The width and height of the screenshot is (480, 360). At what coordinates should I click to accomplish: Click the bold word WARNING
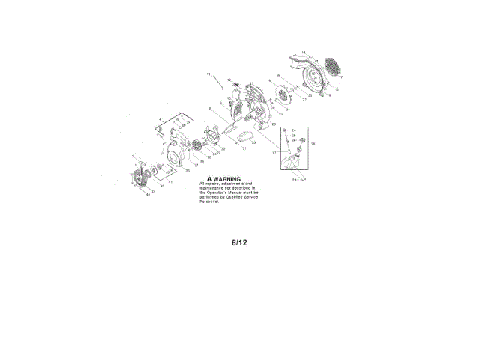point(227,179)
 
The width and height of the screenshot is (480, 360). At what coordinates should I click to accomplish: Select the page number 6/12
point(239,243)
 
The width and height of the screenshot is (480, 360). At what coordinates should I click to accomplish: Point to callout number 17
point(340,77)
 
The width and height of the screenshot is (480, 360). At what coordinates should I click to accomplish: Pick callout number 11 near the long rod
point(209,74)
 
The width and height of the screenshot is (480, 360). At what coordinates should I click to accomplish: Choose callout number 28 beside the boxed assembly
point(313,143)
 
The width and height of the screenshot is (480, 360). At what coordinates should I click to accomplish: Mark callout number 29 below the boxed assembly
point(294,180)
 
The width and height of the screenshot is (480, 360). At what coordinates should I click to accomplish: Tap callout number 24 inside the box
point(294,130)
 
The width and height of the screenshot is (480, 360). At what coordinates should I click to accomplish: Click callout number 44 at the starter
point(148,194)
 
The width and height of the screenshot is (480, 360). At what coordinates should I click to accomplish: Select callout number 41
point(170,182)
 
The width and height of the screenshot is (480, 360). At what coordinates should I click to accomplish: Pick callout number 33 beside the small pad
point(253,142)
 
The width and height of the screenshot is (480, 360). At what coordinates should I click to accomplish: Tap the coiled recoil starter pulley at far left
point(139,181)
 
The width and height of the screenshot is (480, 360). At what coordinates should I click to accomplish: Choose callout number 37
point(196,165)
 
